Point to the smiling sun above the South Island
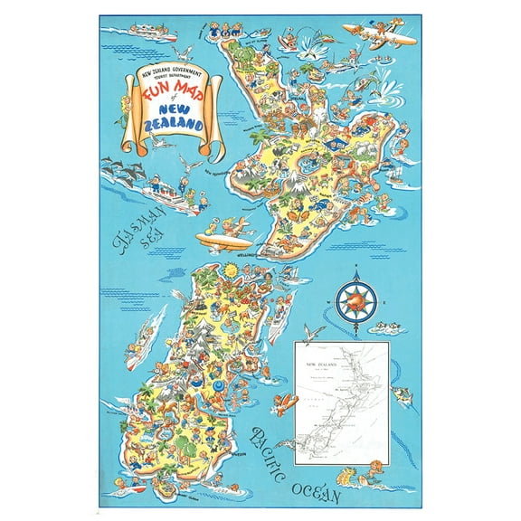click(232, 270)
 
